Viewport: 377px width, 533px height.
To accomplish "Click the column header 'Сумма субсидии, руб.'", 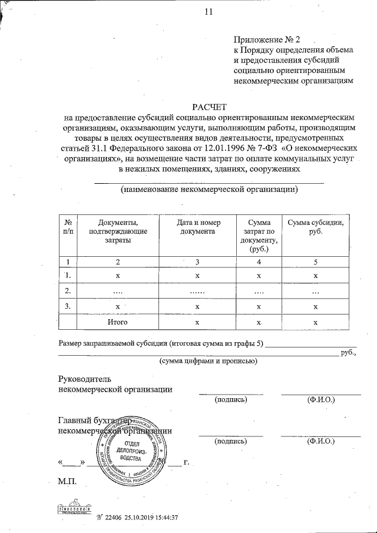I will [x=315, y=227].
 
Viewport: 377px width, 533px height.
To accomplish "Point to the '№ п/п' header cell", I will [x=68, y=227].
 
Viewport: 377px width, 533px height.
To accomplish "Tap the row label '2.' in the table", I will [x=68, y=291].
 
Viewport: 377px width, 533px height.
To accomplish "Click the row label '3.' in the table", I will [x=68, y=306].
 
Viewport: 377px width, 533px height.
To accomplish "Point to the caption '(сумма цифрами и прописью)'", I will [x=208, y=361].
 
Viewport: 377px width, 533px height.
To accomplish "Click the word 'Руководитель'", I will [x=85, y=379].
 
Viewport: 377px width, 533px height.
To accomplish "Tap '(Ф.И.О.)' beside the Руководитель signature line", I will [x=321, y=400].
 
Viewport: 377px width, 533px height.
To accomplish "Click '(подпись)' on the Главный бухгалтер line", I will [x=230, y=440].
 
